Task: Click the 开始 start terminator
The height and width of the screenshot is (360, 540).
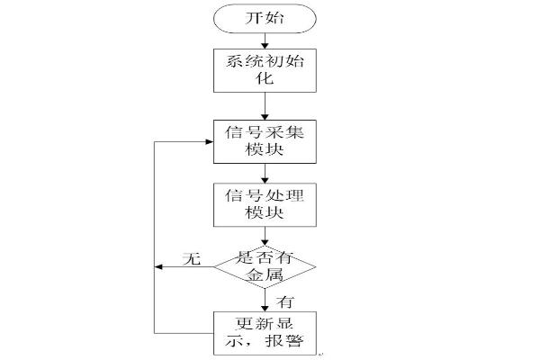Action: tap(264, 18)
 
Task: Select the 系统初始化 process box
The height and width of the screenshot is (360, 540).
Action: tap(264, 69)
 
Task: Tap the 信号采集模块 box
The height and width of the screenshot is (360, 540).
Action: tap(264, 141)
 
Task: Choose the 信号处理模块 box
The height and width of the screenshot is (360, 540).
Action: tap(264, 204)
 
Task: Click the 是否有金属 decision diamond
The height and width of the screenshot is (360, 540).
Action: tap(265, 267)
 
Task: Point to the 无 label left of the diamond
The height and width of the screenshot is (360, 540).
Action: tap(190, 260)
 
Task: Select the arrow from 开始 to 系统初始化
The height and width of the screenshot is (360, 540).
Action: tap(264, 39)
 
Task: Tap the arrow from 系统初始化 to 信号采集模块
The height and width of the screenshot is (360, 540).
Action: tap(264, 105)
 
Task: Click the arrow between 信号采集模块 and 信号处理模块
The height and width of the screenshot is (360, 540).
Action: tap(264, 173)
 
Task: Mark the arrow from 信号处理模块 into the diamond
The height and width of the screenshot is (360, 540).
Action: tap(264, 236)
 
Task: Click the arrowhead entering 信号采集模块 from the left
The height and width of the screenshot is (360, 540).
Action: tap(208, 141)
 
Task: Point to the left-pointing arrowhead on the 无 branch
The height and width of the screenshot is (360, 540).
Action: tap(159, 267)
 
